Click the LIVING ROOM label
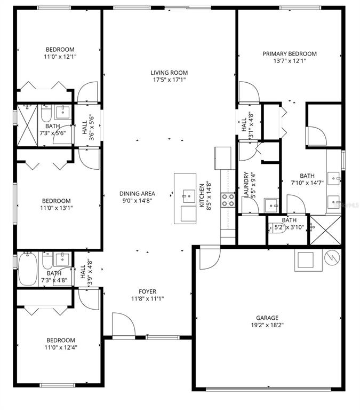(x=169, y=73)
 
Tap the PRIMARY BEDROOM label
(x=290, y=54)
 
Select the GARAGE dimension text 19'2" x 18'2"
(x=267, y=325)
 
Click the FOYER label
(x=148, y=291)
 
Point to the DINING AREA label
(x=137, y=194)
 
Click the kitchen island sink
(x=188, y=196)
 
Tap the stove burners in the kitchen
(x=228, y=200)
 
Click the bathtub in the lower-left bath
(x=27, y=269)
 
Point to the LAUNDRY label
(x=246, y=184)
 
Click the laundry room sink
(x=271, y=206)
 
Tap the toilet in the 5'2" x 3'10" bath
(x=277, y=228)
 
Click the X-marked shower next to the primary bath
(x=325, y=231)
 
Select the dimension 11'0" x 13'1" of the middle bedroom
(x=57, y=208)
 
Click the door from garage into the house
(x=210, y=258)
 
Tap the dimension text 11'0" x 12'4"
(x=61, y=348)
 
